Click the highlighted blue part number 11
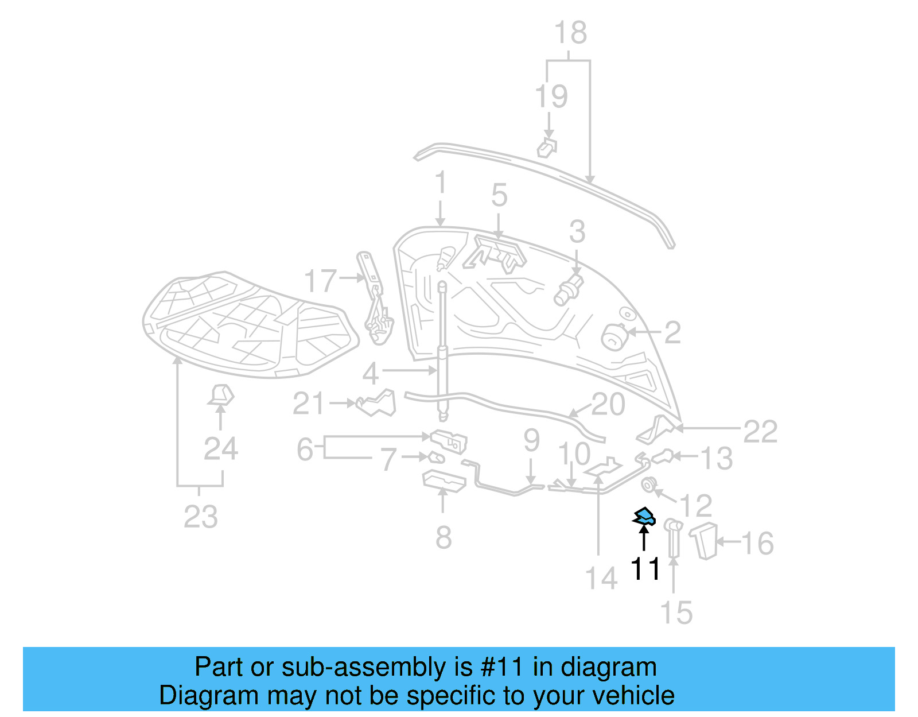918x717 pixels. (x=644, y=517)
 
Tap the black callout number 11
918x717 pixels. (x=645, y=569)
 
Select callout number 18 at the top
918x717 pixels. (x=570, y=33)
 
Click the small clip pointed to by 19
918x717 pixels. (x=547, y=148)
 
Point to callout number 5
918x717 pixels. (x=499, y=196)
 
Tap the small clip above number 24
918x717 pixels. (x=221, y=395)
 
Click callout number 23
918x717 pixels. (x=200, y=517)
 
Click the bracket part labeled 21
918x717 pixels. (x=377, y=404)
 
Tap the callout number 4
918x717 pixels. (x=371, y=374)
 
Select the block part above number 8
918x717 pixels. (x=444, y=481)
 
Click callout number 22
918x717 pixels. (x=760, y=431)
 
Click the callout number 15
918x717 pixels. (x=676, y=613)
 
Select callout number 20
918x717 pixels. (x=608, y=405)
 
